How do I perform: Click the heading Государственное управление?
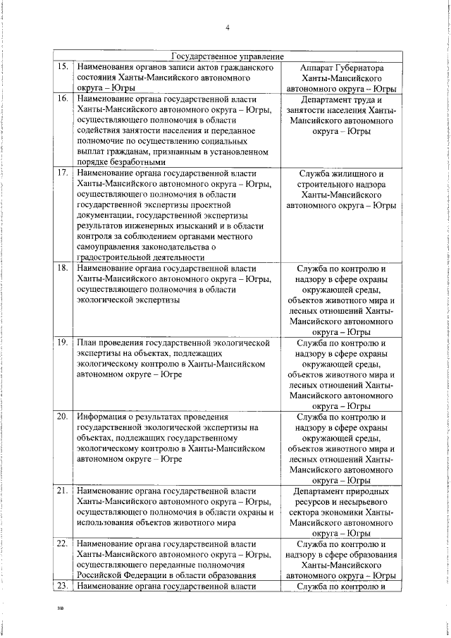tap(228, 56)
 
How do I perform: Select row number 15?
tap(62, 67)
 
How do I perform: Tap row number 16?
tap(62, 99)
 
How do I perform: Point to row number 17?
tap(62, 173)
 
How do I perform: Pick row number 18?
tap(62, 269)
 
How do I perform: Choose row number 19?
tap(62, 342)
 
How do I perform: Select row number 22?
tap(62, 544)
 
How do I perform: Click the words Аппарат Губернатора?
tap(342, 68)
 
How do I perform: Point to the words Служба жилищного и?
tap(342, 173)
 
